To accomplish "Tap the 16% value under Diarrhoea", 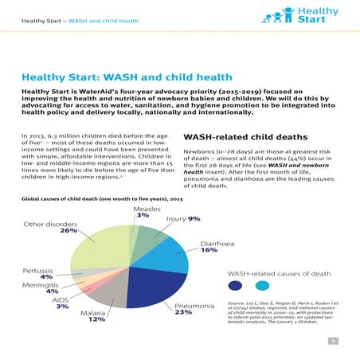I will tap(209, 250).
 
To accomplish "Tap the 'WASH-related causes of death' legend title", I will tap(279, 273).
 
